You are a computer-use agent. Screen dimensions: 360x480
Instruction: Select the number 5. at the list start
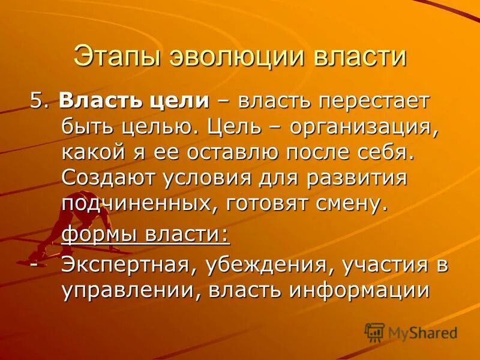point(39,101)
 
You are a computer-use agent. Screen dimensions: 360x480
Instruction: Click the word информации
point(360,291)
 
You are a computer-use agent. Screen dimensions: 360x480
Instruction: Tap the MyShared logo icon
point(375,332)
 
